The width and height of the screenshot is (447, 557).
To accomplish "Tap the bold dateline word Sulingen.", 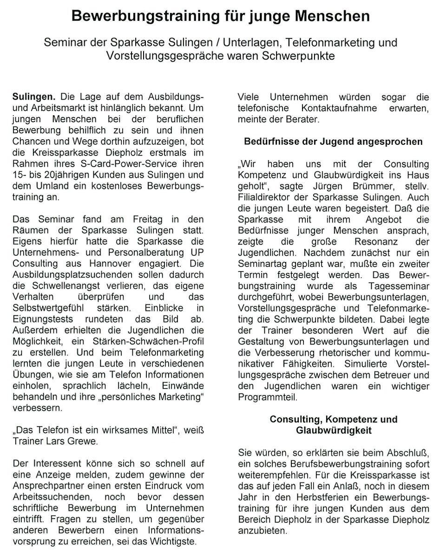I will point(34,97).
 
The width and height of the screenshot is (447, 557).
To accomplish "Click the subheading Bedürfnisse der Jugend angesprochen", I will point(333,142).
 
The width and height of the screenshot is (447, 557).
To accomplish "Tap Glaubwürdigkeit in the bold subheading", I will point(333,430).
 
